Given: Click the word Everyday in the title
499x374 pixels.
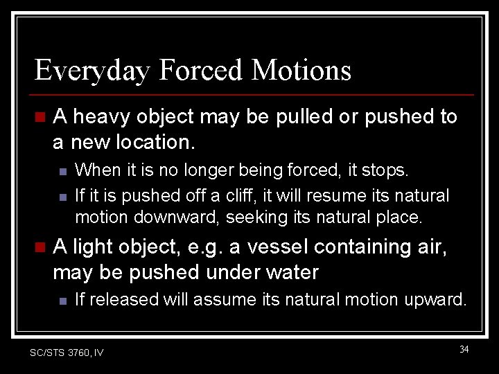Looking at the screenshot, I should click(x=91, y=71).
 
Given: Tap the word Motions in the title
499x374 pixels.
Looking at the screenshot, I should click(x=301, y=71).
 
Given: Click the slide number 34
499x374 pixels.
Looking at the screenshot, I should click(x=464, y=349).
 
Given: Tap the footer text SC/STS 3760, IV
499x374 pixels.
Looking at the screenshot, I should click(x=67, y=353).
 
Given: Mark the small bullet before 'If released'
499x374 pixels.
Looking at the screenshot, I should click(x=62, y=301).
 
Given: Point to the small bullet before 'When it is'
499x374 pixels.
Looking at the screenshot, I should click(x=62, y=170).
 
